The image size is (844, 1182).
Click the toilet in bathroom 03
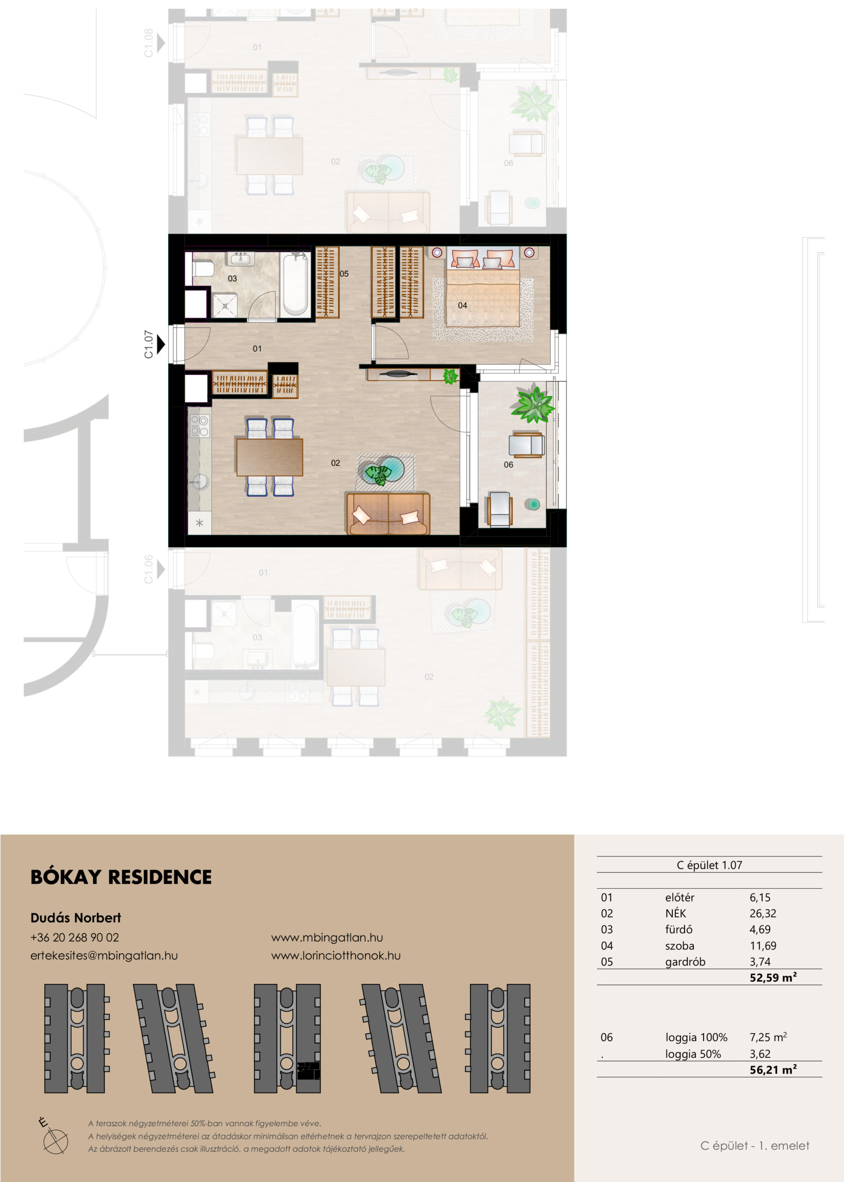203,269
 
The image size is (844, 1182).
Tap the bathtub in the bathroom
295,283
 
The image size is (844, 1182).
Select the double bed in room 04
483,289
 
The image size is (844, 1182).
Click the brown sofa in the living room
388,513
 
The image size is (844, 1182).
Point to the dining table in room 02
270,457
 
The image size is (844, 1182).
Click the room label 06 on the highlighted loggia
508,464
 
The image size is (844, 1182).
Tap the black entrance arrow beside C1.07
161,344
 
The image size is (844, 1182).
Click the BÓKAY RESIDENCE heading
121,877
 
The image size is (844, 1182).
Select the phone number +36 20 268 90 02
75,937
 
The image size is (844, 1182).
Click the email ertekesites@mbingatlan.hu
104,955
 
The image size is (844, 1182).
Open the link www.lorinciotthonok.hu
336,955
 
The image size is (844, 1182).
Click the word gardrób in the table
685,962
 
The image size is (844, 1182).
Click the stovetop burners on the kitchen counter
199,426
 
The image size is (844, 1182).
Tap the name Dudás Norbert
75,917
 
